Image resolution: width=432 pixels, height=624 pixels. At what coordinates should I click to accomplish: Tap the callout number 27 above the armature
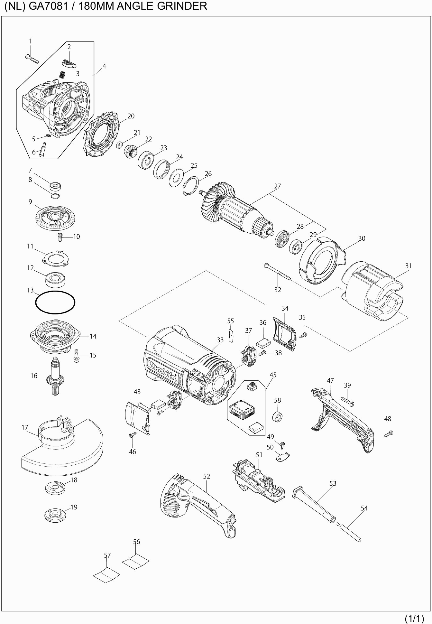(x=278, y=186)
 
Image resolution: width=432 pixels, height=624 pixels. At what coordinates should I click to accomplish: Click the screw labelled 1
(x=32, y=59)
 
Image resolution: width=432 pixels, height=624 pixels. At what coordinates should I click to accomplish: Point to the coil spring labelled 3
(x=62, y=74)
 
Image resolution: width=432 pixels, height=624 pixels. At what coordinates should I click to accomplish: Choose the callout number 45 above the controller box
(x=273, y=375)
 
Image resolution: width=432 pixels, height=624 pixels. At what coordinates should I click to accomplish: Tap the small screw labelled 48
(x=389, y=433)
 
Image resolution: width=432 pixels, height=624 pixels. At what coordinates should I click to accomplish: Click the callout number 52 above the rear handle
(x=207, y=476)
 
